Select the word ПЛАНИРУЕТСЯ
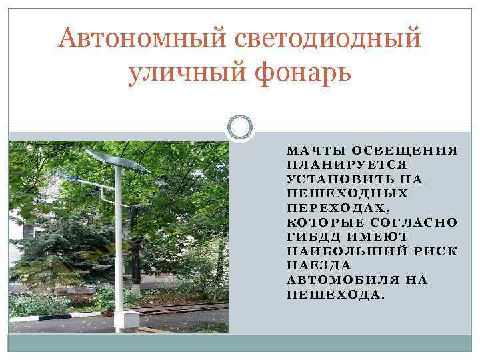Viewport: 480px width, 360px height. (347, 165)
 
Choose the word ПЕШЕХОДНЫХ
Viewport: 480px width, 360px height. (347, 193)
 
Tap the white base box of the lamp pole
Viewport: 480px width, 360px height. (122, 320)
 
